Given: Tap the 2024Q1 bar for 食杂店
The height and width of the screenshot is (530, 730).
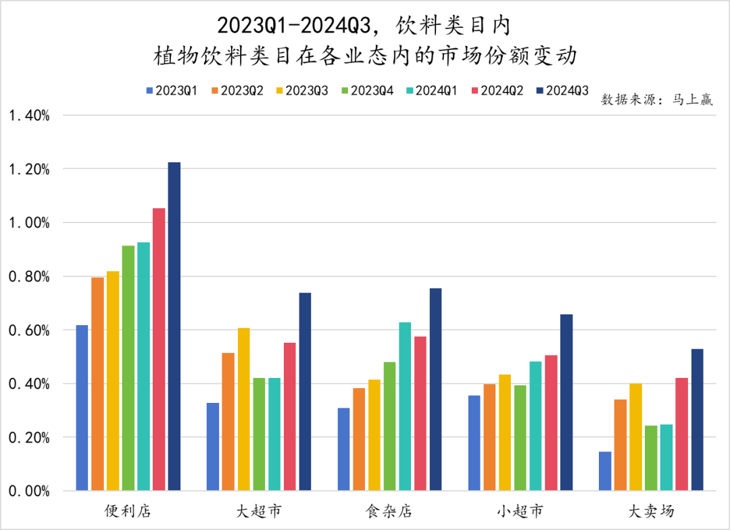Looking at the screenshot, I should [405, 406].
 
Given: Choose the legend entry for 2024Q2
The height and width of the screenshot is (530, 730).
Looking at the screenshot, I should [497, 90].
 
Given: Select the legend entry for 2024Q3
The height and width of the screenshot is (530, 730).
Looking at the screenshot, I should [562, 90].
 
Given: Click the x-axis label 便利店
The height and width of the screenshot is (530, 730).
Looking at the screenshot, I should [128, 510].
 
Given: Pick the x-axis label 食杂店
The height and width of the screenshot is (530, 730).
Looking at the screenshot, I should [389, 510].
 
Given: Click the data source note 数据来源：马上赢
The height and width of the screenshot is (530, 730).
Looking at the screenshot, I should [656, 101].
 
